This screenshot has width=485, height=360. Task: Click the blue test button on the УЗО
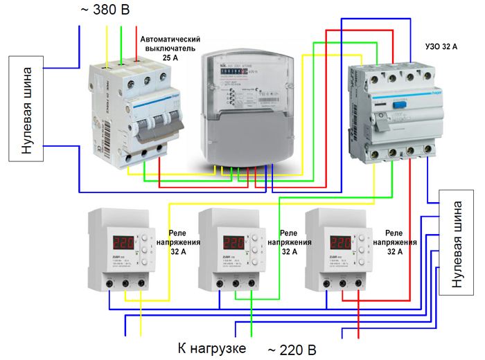pos(400,106)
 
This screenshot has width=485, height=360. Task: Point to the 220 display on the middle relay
pos(234,244)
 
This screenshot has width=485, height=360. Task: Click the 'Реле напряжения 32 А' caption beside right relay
pos(401,243)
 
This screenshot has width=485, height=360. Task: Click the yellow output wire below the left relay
pos(141,325)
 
